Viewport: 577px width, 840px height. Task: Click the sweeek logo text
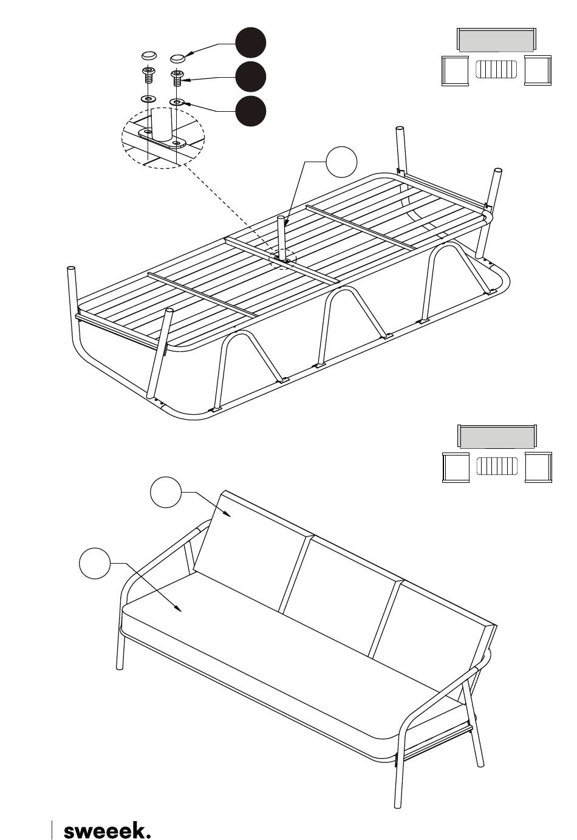106,830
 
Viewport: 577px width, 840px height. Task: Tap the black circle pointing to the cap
251,43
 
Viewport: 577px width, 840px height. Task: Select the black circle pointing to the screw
251,77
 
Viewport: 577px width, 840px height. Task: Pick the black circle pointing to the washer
251,111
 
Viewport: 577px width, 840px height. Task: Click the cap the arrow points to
177,58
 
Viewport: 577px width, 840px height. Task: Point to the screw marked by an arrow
177,77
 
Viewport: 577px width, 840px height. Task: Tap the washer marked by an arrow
177,101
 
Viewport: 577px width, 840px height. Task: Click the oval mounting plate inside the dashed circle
163,140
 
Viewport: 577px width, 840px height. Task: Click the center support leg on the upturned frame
281,237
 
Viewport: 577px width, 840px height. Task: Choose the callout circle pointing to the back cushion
166,492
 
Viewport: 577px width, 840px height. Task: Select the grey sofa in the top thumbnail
496,40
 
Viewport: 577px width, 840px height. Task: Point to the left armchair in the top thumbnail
455,70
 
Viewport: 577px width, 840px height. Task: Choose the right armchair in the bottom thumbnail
538,467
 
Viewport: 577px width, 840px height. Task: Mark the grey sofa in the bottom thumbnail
497,437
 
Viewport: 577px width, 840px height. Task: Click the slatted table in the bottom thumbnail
496,466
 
